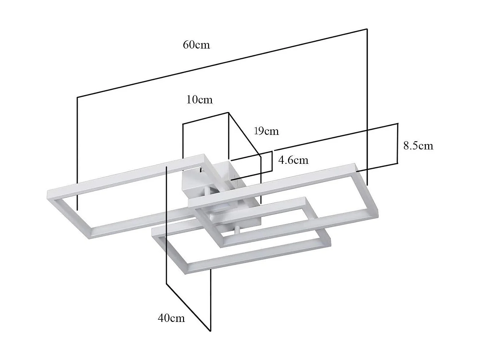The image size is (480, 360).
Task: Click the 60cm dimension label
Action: point(196,45)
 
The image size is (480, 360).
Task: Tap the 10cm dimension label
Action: point(199,100)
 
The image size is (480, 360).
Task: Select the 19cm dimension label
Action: point(267,131)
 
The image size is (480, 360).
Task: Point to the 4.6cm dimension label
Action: point(293,160)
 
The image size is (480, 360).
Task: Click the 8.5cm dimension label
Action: point(418,146)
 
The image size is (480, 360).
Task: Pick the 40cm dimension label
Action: point(171,318)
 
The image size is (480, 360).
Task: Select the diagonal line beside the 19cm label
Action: point(244,134)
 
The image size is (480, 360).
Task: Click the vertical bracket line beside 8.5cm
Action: point(397,143)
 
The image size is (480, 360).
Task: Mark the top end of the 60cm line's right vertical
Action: point(367,29)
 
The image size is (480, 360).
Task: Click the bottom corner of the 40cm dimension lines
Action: point(210,331)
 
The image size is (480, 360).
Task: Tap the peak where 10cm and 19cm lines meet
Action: point(228,113)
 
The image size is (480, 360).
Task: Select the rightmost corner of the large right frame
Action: point(378,212)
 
